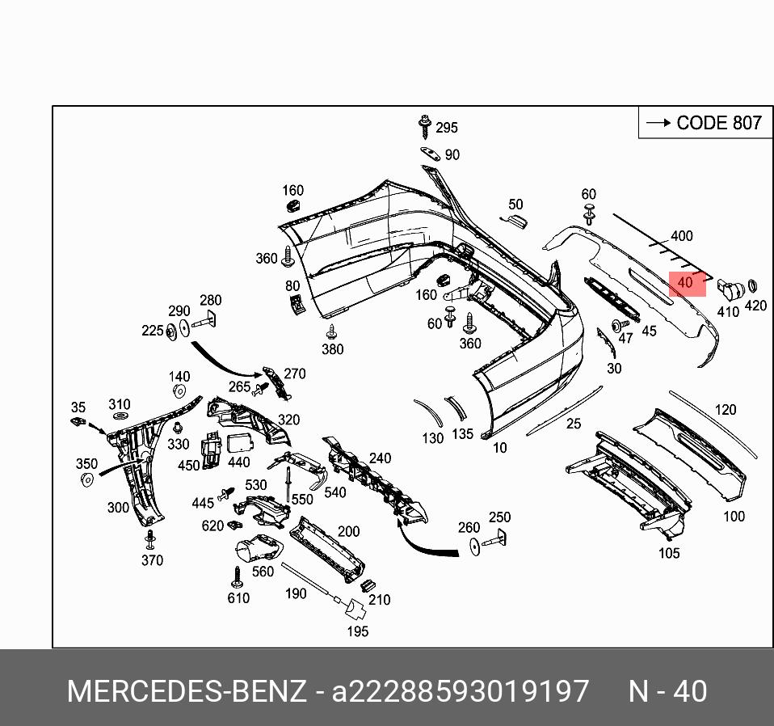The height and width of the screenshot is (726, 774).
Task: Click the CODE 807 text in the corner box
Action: coord(718,123)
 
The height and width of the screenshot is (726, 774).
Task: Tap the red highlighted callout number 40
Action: coord(686,283)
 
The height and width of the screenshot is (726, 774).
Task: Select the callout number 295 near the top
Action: coord(446,128)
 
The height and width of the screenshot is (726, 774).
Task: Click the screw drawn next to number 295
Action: coord(423,126)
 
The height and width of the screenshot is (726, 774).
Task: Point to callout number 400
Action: coord(681,236)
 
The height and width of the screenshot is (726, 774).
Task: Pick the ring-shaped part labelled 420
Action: coord(752,286)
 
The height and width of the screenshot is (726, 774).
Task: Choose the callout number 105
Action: coord(668,553)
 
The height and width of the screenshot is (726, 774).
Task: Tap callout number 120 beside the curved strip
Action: coord(725,410)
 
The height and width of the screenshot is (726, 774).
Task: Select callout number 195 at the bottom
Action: coord(357,631)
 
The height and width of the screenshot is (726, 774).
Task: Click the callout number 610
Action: coord(238,598)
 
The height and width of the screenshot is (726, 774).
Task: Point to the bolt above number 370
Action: coord(149,538)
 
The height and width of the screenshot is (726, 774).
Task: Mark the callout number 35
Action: coord(78,407)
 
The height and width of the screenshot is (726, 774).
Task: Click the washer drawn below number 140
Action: coord(179,392)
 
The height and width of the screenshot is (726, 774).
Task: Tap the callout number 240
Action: coord(380,458)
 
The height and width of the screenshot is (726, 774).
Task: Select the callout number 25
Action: coord(573,423)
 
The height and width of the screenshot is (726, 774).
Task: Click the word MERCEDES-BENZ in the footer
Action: coord(187,692)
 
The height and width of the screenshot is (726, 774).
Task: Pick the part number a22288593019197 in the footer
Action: coord(461,692)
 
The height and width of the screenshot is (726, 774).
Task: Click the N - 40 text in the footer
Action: coord(667,692)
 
